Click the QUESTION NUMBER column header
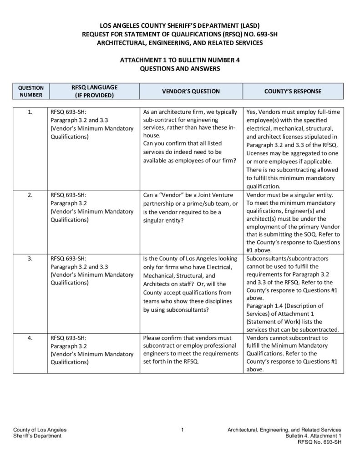click(x=30, y=91)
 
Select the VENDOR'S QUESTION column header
click(x=191, y=91)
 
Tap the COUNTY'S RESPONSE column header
click(x=293, y=91)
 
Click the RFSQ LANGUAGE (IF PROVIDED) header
click(x=94, y=91)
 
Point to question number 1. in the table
click(x=30, y=112)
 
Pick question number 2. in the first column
click(x=30, y=195)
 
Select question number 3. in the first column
click(x=30, y=258)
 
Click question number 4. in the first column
click(x=30, y=338)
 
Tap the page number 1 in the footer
click(x=182, y=430)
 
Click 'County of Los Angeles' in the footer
click(x=40, y=430)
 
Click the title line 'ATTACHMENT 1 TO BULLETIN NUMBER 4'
click(x=179, y=60)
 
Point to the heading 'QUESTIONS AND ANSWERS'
click(x=179, y=69)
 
